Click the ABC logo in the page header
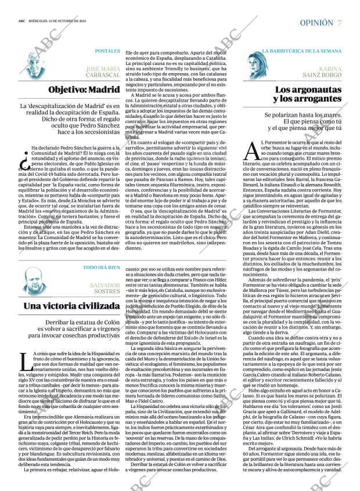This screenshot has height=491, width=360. point(21,23)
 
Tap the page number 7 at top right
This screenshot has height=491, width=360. point(340,23)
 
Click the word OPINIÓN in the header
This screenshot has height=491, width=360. point(316,23)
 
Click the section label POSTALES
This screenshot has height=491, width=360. point(107,52)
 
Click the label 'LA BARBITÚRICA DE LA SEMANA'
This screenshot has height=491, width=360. point(302,52)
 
